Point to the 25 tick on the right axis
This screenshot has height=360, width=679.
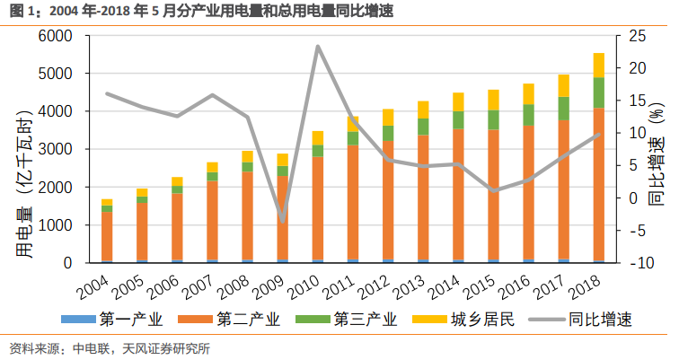click(636, 36)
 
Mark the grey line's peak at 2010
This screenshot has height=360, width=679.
click(318, 46)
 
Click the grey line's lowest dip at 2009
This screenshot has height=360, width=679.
click(282, 221)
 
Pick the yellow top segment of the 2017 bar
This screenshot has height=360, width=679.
click(563, 86)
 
